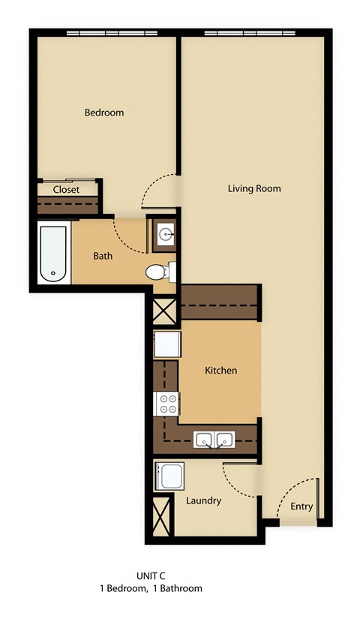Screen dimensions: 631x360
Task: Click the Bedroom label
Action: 103,113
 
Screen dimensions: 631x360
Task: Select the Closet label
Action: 66,190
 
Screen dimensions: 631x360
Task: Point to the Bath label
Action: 103,256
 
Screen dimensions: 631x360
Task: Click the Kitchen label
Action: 221,370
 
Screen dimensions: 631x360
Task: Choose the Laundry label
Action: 203,500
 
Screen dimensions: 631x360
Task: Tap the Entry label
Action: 301,506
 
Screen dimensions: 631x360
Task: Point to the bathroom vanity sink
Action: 163,235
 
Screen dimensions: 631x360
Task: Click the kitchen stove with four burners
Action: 166,404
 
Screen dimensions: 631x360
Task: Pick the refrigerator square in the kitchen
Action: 166,346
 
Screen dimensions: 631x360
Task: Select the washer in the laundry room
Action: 169,476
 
